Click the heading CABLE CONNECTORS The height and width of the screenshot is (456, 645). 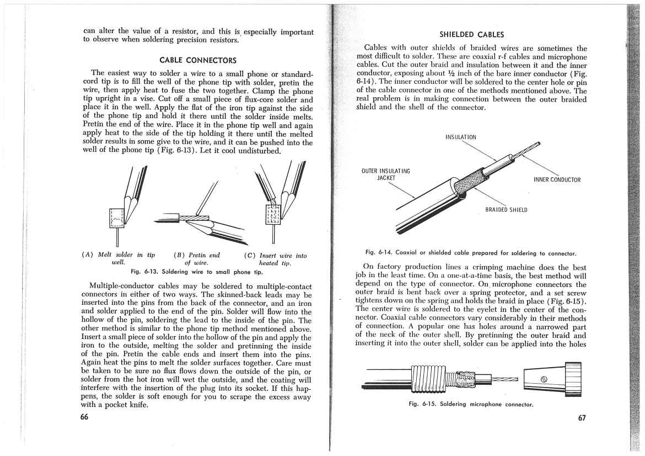198,60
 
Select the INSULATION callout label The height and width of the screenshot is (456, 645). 461,137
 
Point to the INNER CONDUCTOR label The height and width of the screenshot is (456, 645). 557,179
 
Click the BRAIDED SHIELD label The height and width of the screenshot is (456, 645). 506,210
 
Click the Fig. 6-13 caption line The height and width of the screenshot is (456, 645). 196,272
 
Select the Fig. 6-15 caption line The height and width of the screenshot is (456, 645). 471,404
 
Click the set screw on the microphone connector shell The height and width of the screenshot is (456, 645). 544,379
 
